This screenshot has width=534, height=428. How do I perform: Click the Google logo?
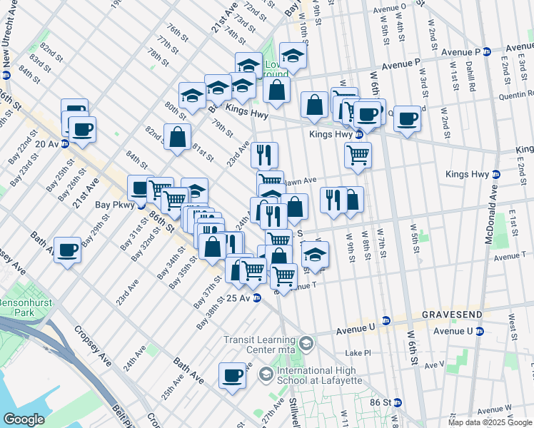click(24, 419)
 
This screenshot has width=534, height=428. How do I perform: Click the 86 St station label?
click(381, 402)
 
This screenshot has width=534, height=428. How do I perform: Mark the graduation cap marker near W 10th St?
click(293, 55)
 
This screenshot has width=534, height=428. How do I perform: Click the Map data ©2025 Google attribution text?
click(490, 422)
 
